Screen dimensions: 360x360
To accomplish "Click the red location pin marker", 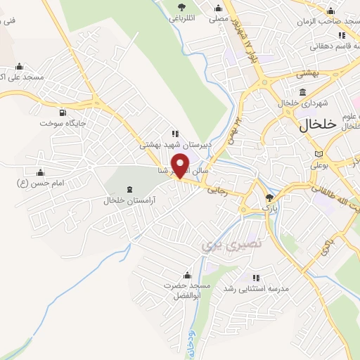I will click(181, 165).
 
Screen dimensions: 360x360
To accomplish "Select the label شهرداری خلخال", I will click(302, 103).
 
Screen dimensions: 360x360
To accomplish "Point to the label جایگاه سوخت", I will click(63, 123).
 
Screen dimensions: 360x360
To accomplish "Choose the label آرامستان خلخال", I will click(129, 200).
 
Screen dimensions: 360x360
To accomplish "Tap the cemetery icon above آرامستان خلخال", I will click(129, 189).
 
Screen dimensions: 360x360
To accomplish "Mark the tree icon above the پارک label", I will click(270, 198).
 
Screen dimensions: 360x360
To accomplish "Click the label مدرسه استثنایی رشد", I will click(256, 288).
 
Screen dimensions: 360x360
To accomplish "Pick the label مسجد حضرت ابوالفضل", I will click(187, 290).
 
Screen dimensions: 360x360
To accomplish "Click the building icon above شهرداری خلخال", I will click(302, 92).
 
